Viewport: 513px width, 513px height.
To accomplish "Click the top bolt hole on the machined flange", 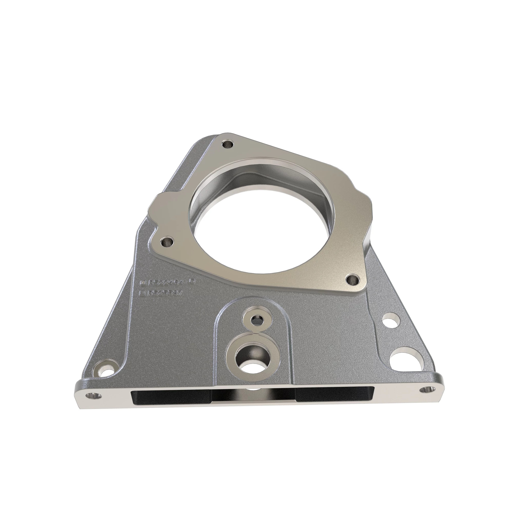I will click(228, 145).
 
